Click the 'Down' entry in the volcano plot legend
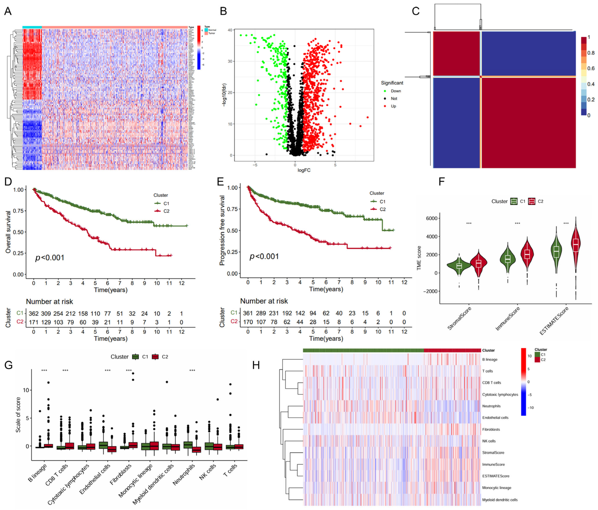[x=396, y=91]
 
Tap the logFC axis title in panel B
[x=304, y=170]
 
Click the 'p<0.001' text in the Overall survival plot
[x=50, y=257]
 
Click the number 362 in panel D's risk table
[x=34, y=313]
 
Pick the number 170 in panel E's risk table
[x=248, y=322]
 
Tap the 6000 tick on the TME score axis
[x=431, y=218]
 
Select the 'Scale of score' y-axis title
[x=18, y=415]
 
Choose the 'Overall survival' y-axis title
[x=8, y=232]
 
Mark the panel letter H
[x=256, y=365]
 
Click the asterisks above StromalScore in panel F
[x=469, y=224]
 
